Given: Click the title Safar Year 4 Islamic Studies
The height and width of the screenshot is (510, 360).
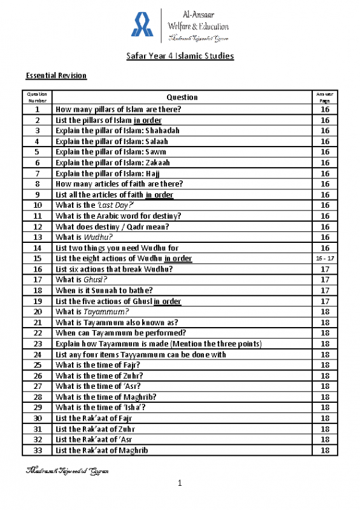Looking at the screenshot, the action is [180, 56].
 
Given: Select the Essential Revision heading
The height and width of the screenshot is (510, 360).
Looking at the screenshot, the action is [56, 76].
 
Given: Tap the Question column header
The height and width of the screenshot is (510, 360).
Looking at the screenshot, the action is [182, 97].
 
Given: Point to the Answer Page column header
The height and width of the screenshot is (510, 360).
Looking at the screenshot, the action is [325, 97].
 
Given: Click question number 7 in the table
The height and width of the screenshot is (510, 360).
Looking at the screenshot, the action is [38, 173].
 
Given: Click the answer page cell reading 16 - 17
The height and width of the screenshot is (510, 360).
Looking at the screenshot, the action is [325, 259].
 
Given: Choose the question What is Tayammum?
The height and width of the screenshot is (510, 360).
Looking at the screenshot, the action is [92, 312].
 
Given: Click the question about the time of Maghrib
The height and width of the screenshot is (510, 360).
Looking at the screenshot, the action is [106, 397].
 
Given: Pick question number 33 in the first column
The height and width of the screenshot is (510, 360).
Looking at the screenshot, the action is [38, 451].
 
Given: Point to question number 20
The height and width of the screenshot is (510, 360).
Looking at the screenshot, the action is [38, 312].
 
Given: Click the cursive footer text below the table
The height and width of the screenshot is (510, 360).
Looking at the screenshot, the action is [67, 471].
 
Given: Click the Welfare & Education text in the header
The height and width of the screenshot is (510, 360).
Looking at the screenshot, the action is [197, 26].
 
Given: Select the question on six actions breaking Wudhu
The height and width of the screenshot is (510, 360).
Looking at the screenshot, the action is [114, 269].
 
